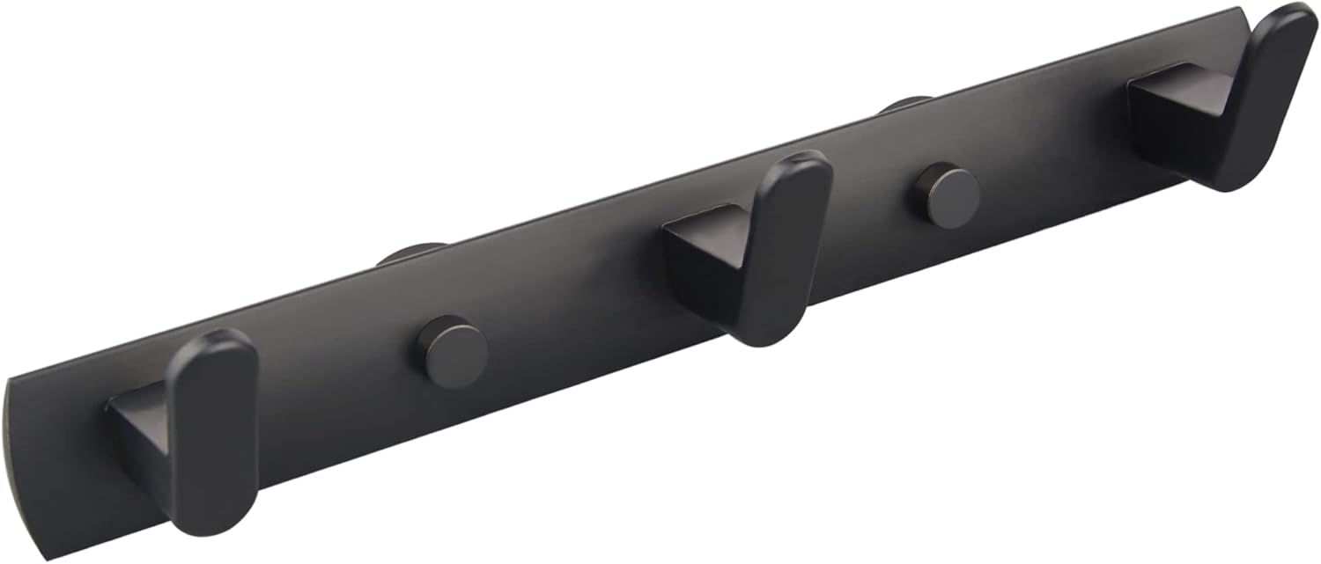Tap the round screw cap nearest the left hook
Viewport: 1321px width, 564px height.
[452, 352]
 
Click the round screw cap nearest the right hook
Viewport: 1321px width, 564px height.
[946, 195]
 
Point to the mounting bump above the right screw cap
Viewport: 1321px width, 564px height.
[905, 103]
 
